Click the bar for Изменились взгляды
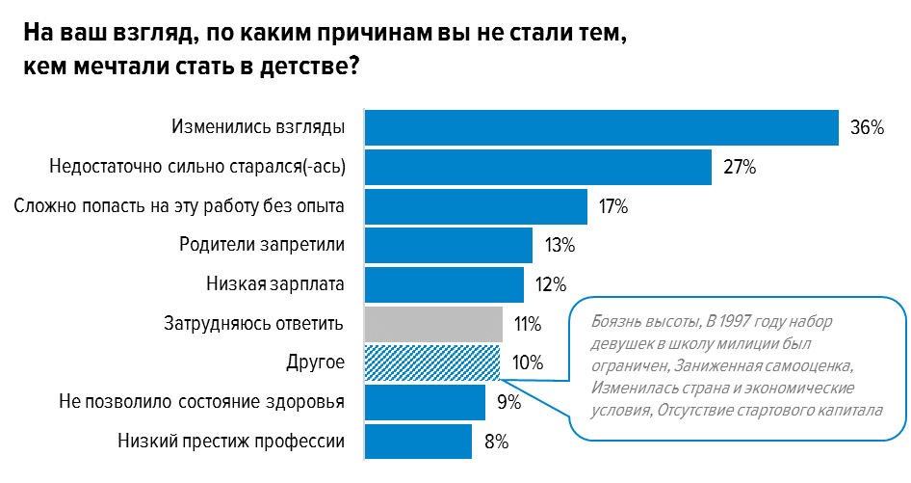pos(601,127)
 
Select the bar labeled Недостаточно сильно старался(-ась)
pos(537,167)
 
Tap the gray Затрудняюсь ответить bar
pos(433,324)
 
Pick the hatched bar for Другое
pos(432,362)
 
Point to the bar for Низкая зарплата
pos(444,284)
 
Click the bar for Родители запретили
pos(448,245)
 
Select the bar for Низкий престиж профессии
pos(418,442)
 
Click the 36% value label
pos(867,127)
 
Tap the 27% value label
pos(740,167)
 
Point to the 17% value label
pos(612,206)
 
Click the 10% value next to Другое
pos(528,363)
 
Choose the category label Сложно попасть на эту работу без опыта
pos(180,205)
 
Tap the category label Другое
pos(316,362)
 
